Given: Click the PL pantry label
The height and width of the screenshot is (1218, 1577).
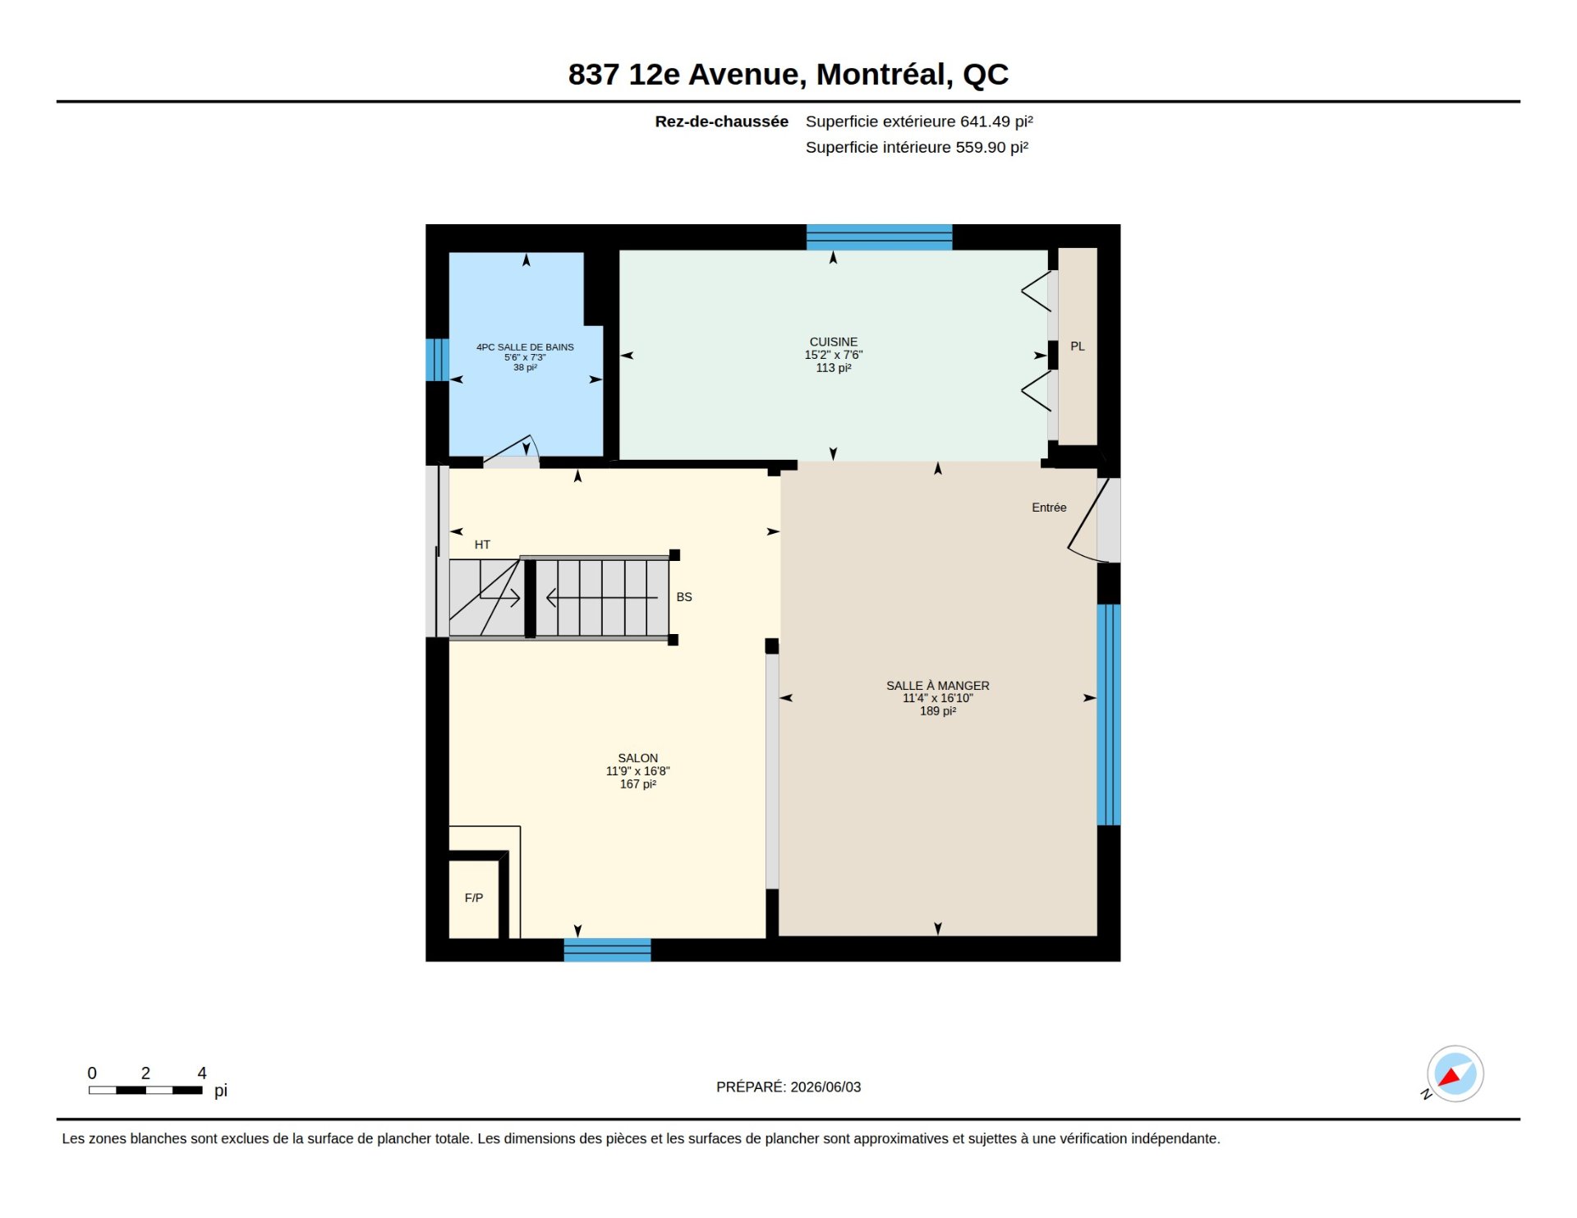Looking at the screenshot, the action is (x=1077, y=347).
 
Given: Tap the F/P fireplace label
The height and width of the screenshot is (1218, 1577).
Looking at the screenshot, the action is (x=474, y=898).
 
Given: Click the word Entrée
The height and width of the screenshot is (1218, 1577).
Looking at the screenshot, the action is (x=1049, y=508).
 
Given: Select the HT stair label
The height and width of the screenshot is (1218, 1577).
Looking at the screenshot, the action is (x=482, y=545).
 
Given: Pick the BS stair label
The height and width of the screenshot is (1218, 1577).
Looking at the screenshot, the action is (x=684, y=597).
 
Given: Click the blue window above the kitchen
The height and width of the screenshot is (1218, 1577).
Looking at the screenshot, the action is (x=879, y=237).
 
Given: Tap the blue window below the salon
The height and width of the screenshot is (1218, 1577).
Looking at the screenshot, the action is (x=607, y=950).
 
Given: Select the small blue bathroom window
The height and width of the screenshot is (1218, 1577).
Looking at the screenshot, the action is (x=437, y=360).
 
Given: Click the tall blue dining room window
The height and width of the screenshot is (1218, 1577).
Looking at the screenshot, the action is (x=1109, y=715).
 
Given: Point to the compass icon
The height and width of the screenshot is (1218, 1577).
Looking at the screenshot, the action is (x=1455, y=1073).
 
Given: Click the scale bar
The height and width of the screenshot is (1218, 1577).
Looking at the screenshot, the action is (x=145, y=1090).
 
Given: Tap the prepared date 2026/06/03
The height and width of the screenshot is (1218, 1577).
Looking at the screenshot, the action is (x=825, y=1087).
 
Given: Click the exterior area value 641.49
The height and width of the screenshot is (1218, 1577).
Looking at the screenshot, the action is (x=985, y=122).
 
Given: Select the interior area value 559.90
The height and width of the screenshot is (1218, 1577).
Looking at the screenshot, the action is (x=981, y=147).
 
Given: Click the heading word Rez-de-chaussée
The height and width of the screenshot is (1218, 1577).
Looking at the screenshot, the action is (x=721, y=122).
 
